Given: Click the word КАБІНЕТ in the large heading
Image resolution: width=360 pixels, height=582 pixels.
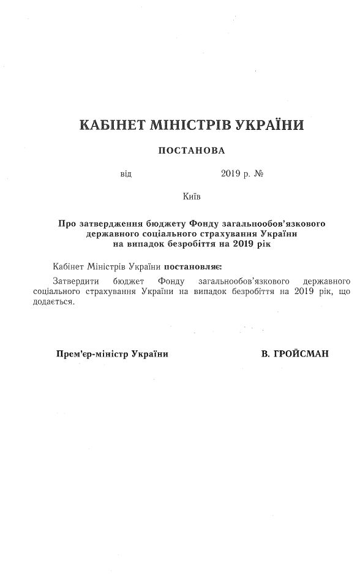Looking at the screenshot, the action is (x=111, y=126).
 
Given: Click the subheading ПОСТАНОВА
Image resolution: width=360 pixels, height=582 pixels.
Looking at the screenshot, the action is (x=192, y=150).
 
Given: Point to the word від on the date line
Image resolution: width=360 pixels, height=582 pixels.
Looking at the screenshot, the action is (x=126, y=174).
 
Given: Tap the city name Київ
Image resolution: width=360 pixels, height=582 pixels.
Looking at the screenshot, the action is (x=191, y=197).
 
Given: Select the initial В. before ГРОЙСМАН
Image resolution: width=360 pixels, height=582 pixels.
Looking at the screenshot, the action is (x=265, y=354).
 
